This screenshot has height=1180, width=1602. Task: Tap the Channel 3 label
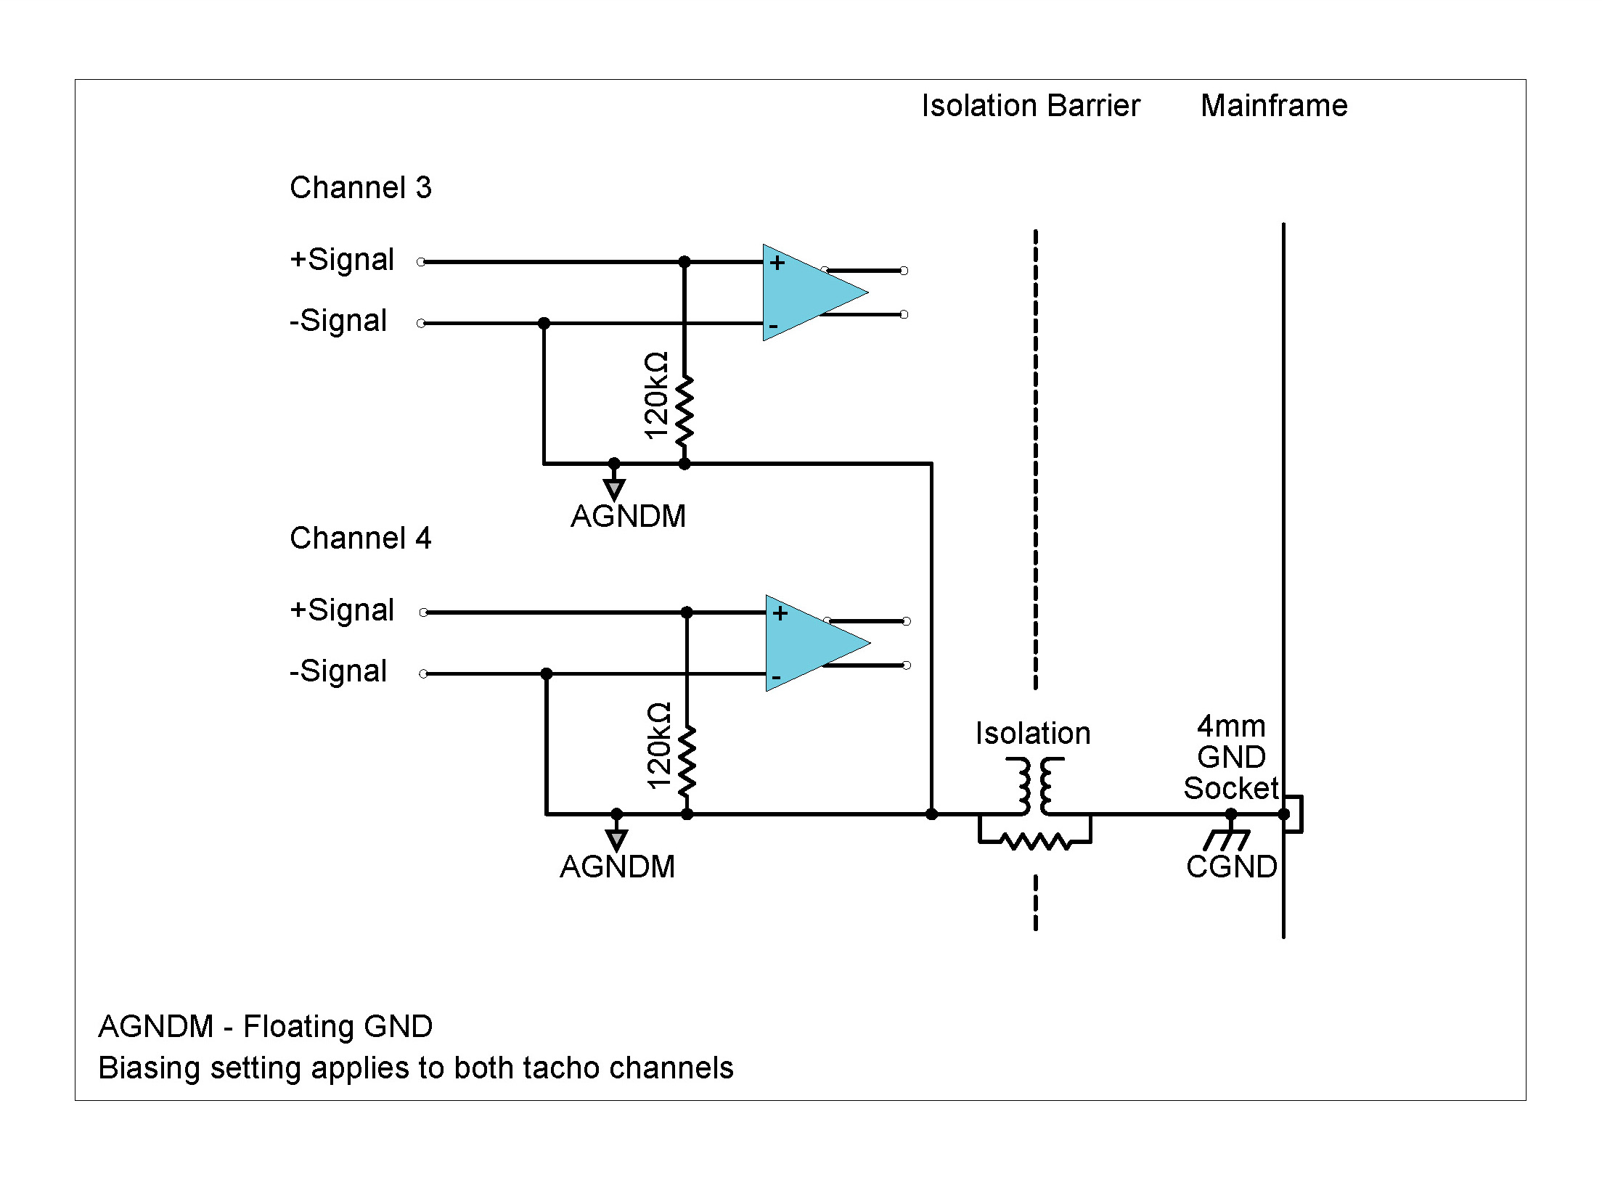[360, 188]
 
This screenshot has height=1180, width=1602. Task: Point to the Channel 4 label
[360, 538]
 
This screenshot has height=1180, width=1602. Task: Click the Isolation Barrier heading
[1030, 106]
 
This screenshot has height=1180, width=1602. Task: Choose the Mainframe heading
[1274, 106]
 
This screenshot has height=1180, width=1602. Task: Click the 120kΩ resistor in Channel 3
[684, 411]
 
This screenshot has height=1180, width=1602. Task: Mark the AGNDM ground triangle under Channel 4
[616, 840]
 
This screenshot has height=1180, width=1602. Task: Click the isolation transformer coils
[1034, 786]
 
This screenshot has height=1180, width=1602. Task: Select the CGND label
[1231, 867]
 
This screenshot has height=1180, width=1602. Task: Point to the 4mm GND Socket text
[1231, 758]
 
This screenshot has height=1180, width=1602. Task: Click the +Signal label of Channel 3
[341, 260]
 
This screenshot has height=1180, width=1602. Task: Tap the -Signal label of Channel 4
[338, 671]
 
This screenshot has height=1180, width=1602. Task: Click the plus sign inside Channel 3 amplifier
[777, 263]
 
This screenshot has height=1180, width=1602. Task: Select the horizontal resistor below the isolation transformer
[1034, 842]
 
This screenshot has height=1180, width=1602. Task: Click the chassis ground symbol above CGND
[1227, 838]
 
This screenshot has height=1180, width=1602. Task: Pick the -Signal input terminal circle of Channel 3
[421, 323]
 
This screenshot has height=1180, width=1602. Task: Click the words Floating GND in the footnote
[338, 1027]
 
